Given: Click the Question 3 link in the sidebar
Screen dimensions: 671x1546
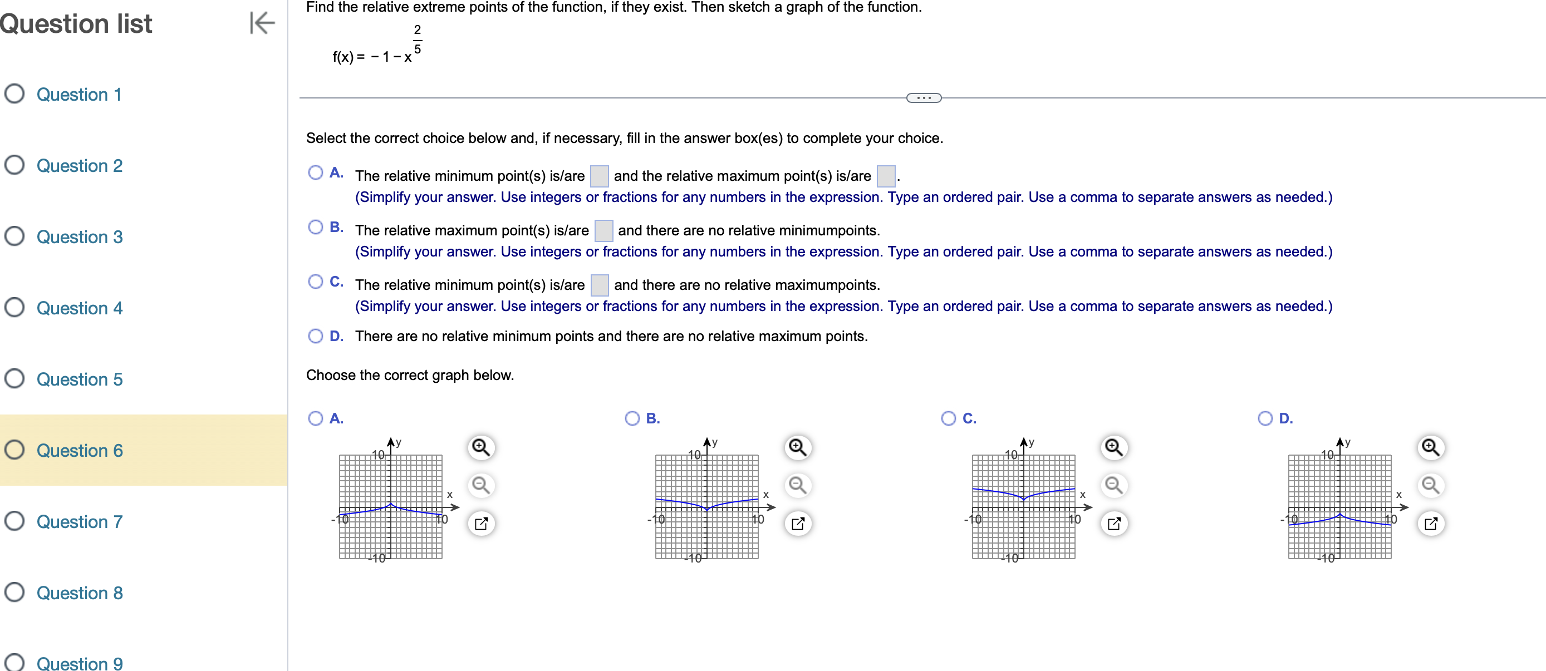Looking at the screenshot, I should click(x=79, y=237).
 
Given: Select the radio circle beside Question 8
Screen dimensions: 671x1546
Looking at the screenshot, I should click(x=14, y=592).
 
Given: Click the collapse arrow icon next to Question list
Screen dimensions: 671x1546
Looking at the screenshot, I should click(x=262, y=23).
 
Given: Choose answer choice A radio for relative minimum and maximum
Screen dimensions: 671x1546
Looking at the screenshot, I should click(x=315, y=172).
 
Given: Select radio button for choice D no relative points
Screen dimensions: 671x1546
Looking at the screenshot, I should click(x=315, y=336).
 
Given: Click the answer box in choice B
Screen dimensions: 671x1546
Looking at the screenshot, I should click(x=603, y=230).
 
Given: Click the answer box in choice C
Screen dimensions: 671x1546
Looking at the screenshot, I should click(x=599, y=285).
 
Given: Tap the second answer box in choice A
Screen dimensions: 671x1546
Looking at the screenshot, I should click(x=885, y=176).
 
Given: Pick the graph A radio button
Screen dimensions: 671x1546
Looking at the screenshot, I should click(x=315, y=418).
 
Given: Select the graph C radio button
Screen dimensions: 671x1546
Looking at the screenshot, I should click(x=948, y=418).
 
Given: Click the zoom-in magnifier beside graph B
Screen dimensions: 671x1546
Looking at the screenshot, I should click(x=797, y=447).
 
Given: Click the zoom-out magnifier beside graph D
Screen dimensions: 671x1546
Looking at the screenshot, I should click(x=1430, y=485).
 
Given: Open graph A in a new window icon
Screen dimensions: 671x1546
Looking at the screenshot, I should click(x=481, y=524).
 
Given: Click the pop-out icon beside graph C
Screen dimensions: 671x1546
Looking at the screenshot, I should click(x=1114, y=524).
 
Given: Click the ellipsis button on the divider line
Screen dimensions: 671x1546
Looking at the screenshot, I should click(x=924, y=98).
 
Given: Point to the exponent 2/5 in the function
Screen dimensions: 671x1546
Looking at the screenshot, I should click(x=417, y=39).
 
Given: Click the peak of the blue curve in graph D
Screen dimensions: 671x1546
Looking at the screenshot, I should click(x=1339, y=514).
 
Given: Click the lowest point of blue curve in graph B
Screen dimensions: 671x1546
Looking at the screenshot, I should click(x=707, y=509).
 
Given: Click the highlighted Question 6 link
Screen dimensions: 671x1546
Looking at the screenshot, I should click(x=79, y=450).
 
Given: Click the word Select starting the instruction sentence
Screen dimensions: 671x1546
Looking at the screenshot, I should click(x=325, y=138).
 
